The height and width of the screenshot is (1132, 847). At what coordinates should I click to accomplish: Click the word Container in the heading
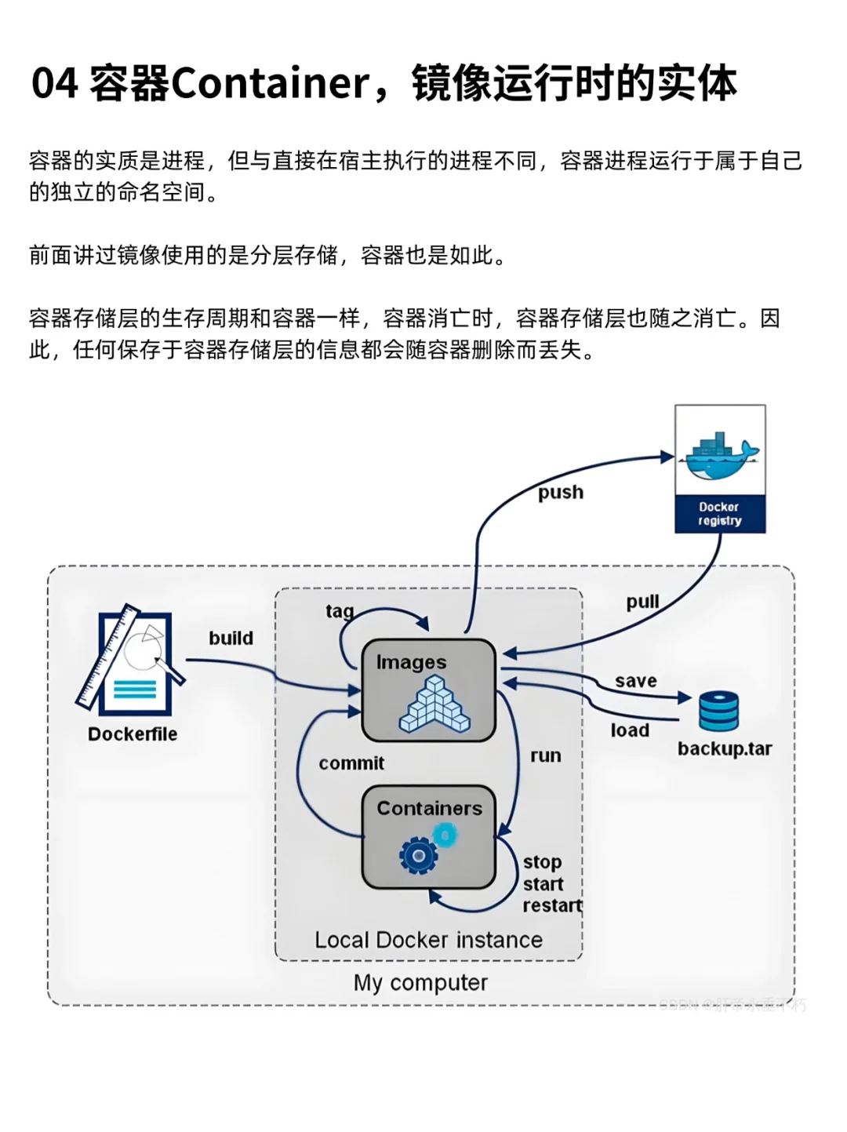coord(270,83)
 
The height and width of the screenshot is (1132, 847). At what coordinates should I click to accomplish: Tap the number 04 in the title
coord(55,83)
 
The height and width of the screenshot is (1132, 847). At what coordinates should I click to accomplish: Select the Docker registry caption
coord(720,514)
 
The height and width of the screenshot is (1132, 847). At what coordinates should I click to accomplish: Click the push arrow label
coord(561,493)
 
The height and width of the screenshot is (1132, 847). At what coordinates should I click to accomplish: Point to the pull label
coord(642,602)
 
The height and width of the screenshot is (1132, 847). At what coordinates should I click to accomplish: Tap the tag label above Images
coord(340,611)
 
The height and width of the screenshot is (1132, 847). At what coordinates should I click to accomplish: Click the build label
coord(231,639)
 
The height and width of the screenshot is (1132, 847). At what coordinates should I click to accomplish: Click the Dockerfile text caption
coord(133,734)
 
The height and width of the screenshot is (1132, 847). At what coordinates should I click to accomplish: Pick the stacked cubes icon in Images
coord(434,704)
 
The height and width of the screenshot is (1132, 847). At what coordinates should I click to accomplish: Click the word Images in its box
coord(411,663)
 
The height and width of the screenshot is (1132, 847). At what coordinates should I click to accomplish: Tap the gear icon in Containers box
coord(419,855)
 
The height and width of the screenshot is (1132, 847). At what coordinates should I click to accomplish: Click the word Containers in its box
coord(429,809)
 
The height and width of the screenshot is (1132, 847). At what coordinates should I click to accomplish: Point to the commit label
coord(351,763)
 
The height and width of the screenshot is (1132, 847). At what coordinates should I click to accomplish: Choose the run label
coord(545,756)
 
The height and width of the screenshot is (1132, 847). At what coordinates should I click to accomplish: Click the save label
coord(635,681)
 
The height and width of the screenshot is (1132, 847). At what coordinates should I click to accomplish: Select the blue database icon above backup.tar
coord(718,711)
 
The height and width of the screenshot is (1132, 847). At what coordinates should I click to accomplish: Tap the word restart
coord(552,906)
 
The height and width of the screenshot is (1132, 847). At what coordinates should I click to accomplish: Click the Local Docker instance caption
coord(428,940)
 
